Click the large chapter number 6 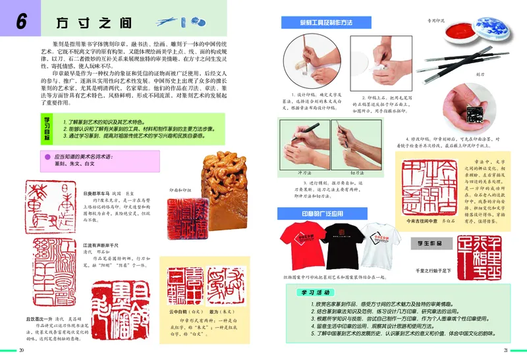21,22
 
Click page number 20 21,349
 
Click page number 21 505,349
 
